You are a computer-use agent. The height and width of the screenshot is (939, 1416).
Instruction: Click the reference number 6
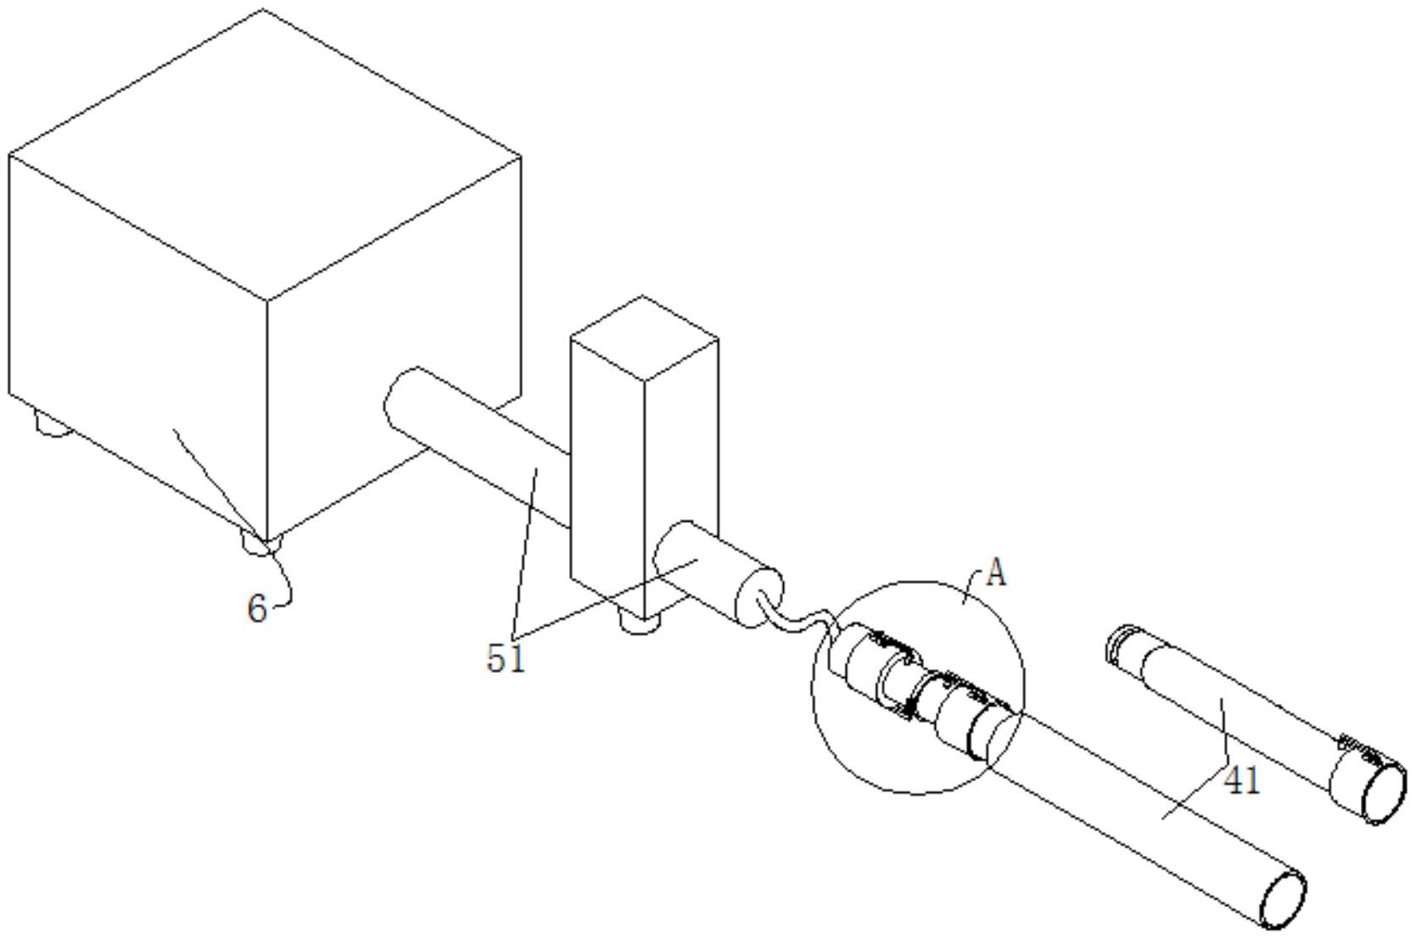click(257, 609)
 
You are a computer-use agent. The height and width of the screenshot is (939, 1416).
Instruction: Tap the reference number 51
click(506, 659)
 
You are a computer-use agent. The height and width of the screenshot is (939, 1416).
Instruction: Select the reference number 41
click(1242, 781)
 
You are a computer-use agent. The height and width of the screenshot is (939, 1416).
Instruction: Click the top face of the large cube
click(265, 155)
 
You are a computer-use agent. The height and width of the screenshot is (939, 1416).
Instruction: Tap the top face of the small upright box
click(644, 338)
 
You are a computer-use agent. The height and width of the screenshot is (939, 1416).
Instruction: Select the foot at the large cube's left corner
click(53, 424)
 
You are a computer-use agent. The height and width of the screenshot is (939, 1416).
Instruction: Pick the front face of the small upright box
click(607, 474)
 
